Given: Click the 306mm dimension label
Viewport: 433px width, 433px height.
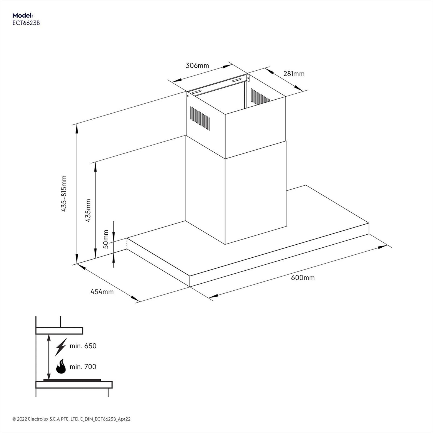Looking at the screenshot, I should pos(197,65).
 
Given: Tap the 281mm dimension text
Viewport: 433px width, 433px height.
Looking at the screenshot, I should pos(294,74).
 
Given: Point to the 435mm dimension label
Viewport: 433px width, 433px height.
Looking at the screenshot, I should pos(88,211).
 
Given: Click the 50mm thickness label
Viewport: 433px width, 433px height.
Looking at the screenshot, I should pos(106,239).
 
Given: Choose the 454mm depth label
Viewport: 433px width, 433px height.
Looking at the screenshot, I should pos(102,292).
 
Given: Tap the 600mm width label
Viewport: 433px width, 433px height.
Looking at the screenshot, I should pos(303,278).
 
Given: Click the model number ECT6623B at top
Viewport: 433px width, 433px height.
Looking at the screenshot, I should pos(26,23).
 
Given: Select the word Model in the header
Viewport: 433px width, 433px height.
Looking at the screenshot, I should pos(22,15).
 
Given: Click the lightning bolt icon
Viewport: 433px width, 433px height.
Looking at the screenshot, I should pos(61,346).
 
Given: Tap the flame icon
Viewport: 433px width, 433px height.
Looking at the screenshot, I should pos(61,367).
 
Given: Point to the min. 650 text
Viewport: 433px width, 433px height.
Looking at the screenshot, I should pos(83,346).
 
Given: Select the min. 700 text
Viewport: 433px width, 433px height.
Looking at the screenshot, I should pos(83,367).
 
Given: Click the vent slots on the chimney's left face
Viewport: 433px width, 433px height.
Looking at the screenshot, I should pos(200,117).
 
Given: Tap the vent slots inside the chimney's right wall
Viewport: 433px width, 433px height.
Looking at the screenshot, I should pos(260,97).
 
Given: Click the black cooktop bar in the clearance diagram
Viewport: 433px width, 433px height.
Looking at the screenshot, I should pos(72,380).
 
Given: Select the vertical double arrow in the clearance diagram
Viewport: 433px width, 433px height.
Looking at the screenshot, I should pos(49,357).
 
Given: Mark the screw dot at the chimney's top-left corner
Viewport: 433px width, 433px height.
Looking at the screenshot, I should pos(188,96).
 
